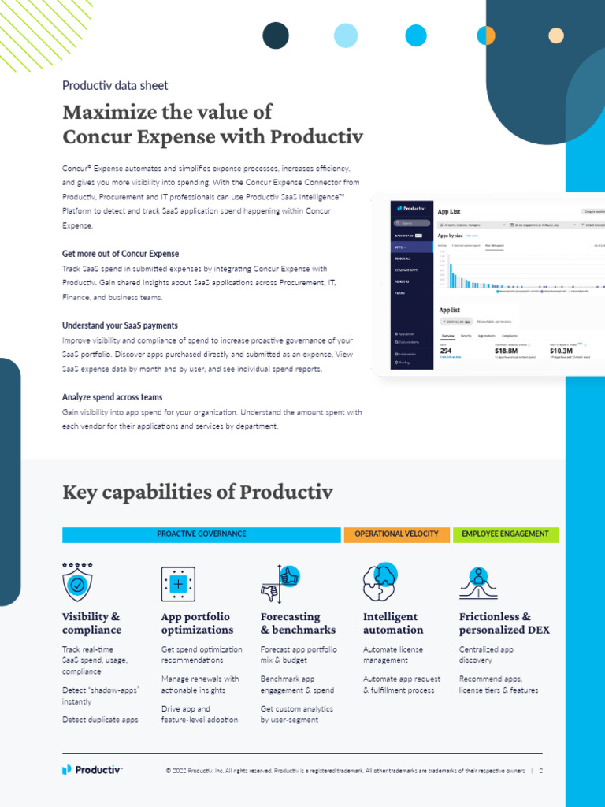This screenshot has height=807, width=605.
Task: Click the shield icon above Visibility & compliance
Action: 77,584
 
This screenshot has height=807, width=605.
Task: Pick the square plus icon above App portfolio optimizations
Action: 178,584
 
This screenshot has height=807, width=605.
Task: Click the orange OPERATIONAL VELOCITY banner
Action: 396,534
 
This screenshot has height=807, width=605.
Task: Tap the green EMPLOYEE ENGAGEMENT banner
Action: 505,534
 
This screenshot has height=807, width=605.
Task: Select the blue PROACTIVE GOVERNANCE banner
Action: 201,534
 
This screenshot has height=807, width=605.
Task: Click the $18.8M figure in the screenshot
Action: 506,351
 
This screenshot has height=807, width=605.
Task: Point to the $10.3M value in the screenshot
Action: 562,351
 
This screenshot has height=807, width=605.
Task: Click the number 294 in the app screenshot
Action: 446,351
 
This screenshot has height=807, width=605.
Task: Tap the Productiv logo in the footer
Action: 92,769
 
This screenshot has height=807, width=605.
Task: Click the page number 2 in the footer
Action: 541,770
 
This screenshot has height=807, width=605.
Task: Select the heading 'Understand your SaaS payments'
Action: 120,325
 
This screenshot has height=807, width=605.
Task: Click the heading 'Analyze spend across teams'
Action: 113,397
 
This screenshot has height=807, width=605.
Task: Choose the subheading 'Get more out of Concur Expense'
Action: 121,254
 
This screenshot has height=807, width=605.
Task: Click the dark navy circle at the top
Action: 276,35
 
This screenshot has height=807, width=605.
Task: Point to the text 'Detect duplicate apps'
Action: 100,720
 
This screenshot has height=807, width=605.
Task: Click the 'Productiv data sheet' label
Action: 115,86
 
